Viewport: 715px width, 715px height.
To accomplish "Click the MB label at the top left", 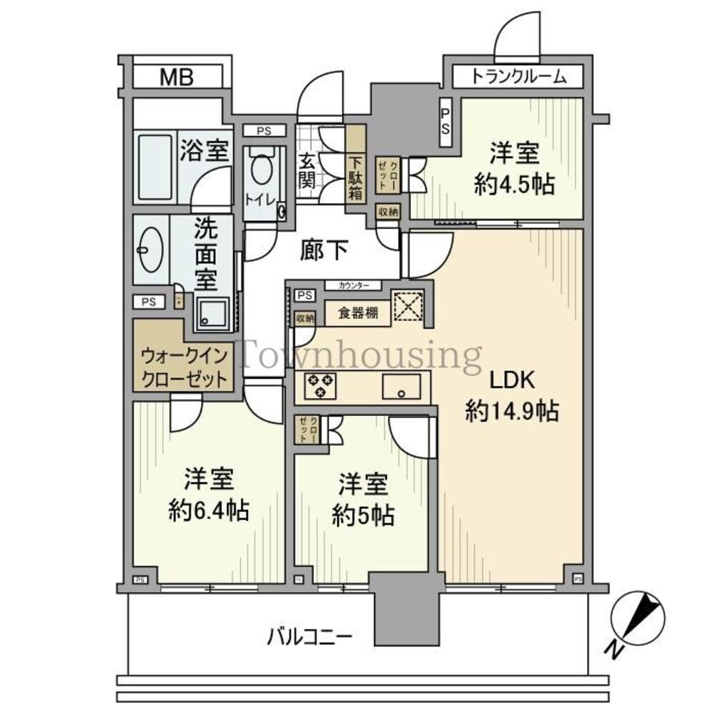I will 176,77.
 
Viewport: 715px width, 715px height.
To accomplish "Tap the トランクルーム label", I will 519,77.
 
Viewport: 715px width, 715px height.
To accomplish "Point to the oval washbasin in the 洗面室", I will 152,251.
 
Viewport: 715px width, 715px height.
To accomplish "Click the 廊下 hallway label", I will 325,251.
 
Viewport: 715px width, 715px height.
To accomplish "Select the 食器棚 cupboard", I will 358,313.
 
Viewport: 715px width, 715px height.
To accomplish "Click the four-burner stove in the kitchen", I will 319,386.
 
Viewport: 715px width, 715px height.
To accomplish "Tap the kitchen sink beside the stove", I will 404,388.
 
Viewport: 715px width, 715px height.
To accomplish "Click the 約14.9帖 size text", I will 512,412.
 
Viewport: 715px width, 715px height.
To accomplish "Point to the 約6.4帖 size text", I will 209,511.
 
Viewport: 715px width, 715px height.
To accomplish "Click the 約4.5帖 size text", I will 515,184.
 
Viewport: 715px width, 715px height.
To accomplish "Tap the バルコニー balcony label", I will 310,635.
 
